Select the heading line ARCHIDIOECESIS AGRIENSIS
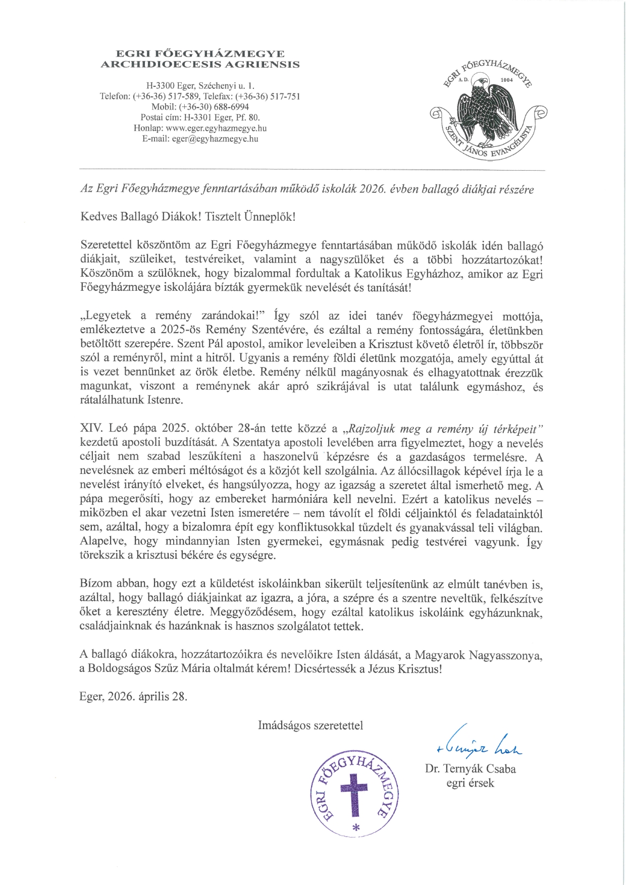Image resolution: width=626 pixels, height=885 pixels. pos(200,64)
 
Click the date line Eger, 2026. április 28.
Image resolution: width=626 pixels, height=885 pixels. pos(133,697)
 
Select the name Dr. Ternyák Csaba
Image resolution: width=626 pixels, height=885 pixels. pos(471,769)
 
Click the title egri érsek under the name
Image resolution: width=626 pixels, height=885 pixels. pos(470,783)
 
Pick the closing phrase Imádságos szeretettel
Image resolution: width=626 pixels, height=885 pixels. pos(310,725)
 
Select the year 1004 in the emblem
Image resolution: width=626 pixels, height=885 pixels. pos(506,80)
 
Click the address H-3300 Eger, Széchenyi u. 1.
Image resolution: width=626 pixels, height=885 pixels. pos(200,85)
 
